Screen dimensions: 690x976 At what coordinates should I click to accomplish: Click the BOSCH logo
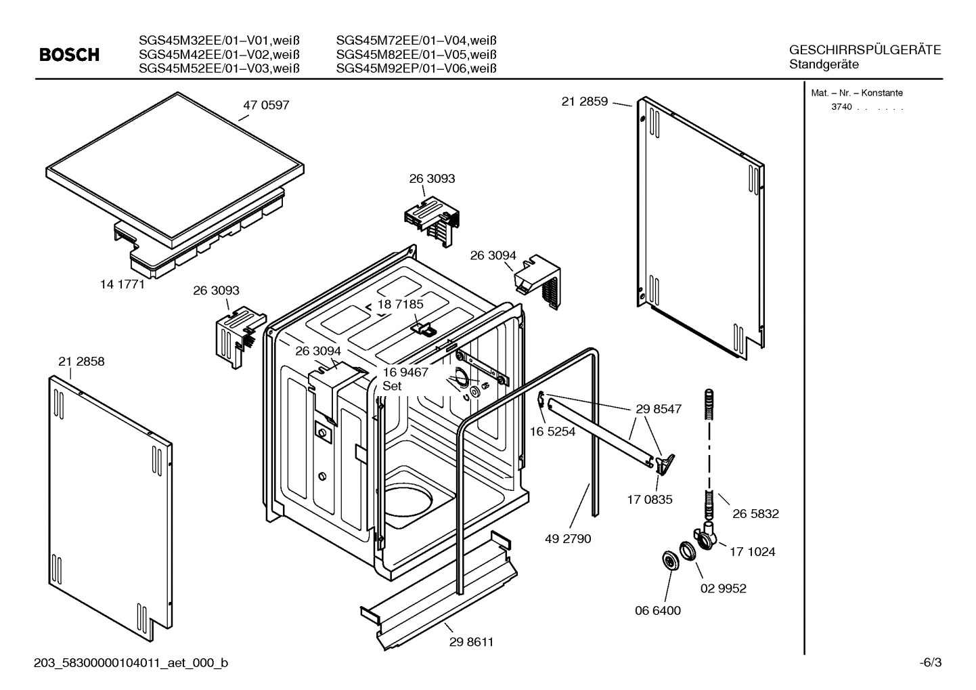click(x=69, y=55)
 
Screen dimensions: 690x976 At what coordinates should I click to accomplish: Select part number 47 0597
click(x=266, y=105)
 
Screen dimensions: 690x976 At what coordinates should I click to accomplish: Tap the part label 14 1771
click(x=123, y=284)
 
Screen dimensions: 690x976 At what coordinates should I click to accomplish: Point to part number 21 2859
click(x=584, y=102)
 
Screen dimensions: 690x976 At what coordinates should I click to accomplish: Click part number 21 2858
click(x=81, y=362)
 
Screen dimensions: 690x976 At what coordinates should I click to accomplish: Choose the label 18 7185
click(x=400, y=305)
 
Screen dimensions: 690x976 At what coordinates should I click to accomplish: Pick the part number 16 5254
click(x=552, y=431)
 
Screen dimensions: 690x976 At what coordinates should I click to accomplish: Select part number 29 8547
click(x=659, y=409)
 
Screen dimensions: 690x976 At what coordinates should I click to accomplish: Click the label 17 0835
click(x=650, y=500)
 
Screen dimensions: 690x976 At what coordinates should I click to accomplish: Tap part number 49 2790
click(x=568, y=538)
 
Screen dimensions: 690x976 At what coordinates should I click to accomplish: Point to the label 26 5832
click(x=755, y=514)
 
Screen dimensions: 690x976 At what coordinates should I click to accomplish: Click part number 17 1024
click(x=752, y=552)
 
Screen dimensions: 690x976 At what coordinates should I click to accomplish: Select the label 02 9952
click(x=723, y=588)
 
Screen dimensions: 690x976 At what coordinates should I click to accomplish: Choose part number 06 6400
click(x=658, y=610)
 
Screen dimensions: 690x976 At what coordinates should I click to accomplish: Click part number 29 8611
click(x=471, y=642)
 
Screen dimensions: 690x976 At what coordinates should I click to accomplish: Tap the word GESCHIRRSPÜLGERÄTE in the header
click(x=864, y=50)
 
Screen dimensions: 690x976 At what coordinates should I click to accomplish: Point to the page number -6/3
click(x=930, y=663)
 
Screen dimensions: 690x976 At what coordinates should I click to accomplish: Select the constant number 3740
click(x=841, y=108)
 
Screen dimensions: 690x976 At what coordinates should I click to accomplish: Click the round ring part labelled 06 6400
click(x=669, y=561)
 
